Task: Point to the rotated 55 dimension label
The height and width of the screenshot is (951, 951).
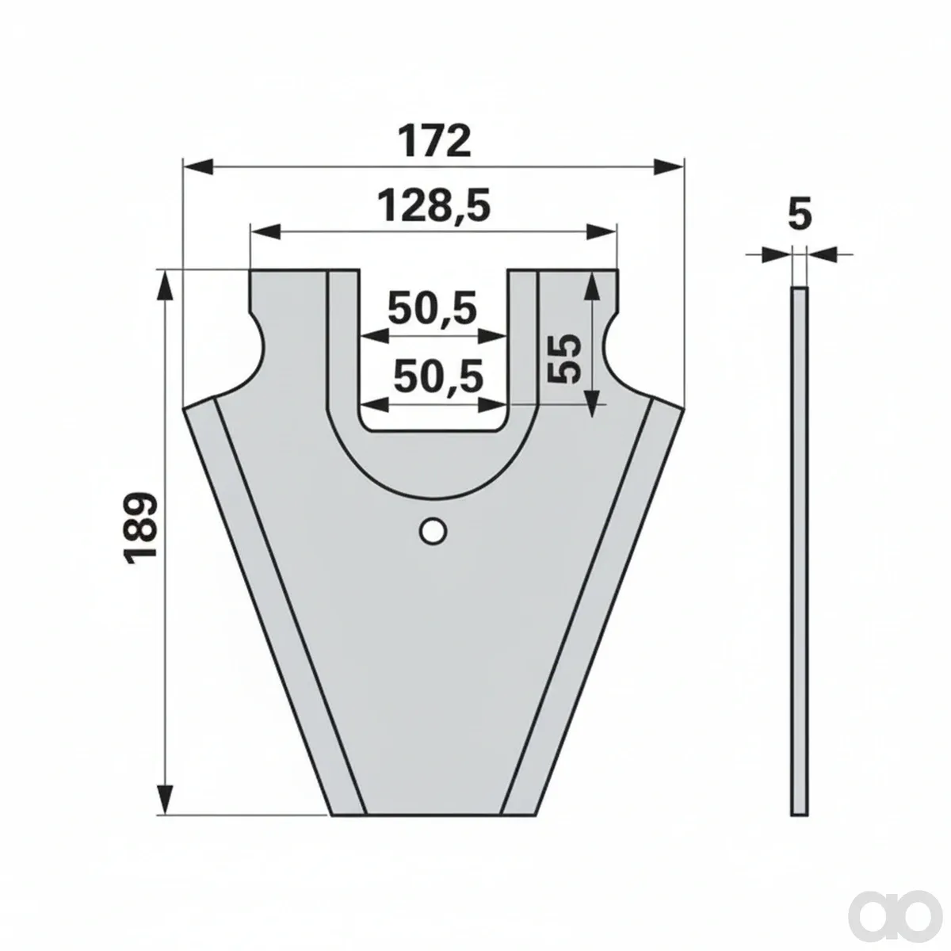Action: coord(563,359)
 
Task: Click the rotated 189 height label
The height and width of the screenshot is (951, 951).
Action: coord(142,528)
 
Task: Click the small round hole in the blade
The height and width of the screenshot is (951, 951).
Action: coord(433,531)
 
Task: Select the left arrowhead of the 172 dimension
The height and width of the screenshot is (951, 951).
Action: coord(198,167)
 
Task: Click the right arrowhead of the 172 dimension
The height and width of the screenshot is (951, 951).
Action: coord(669,167)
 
